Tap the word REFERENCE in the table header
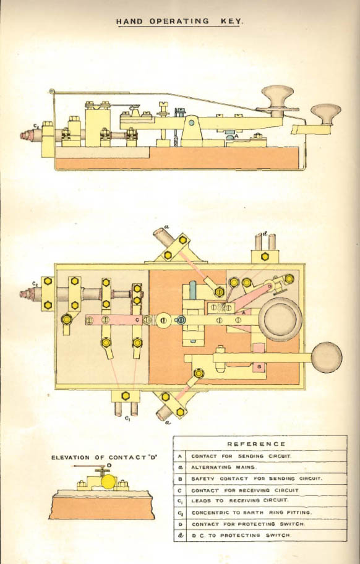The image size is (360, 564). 257,444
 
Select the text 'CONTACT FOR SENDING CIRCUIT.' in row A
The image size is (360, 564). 241,456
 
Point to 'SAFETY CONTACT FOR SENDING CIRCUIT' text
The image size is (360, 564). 257,479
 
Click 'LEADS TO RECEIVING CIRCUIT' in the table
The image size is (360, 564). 239,500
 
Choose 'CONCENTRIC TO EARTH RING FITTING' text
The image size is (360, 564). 251,512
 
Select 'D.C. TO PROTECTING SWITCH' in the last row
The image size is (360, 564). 241,535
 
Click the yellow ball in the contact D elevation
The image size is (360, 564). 108,482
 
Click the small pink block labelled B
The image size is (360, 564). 259,367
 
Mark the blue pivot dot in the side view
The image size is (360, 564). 191,122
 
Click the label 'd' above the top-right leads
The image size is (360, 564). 265,234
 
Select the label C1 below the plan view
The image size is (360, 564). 127,418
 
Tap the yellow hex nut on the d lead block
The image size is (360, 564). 265,257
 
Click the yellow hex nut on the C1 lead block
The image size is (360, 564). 125,396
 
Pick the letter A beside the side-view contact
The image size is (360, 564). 236,136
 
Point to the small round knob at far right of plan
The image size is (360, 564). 327,357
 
